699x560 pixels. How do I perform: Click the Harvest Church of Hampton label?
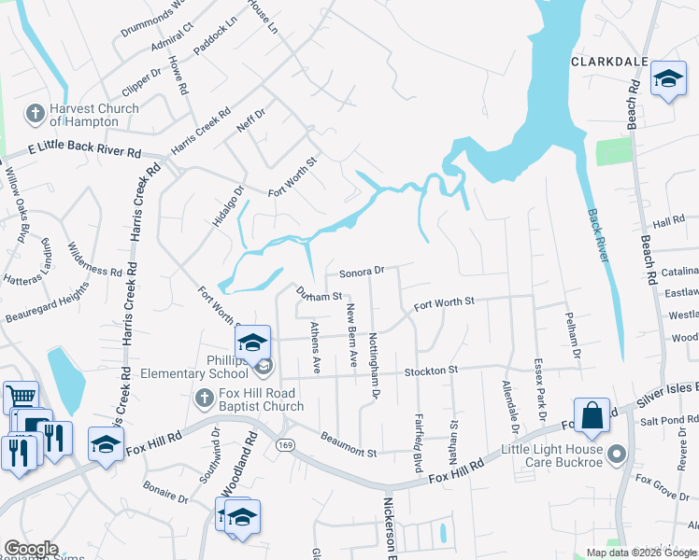[x=93, y=115]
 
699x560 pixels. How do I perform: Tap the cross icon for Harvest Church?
[x=35, y=114]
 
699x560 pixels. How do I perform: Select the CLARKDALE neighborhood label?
[x=610, y=62]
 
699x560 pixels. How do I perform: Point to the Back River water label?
[x=597, y=232]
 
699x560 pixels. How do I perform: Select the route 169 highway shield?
[x=284, y=445]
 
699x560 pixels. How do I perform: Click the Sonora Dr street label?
[x=362, y=272]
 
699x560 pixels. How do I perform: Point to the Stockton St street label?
[x=431, y=371]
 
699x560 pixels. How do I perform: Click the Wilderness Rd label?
[x=94, y=260]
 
